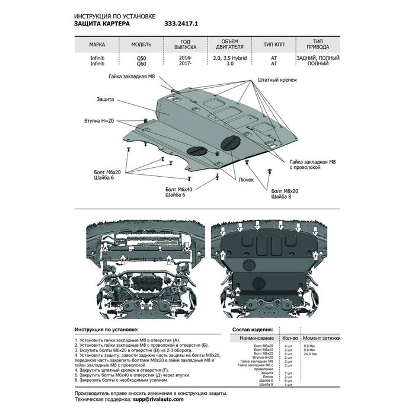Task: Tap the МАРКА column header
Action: click(x=98, y=44)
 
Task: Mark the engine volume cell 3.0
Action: click(x=225, y=64)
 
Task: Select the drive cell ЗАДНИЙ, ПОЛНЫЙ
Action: click(x=318, y=58)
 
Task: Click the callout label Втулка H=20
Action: click(x=99, y=121)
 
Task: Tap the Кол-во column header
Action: click(x=290, y=337)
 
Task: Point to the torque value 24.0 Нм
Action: click(x=319, y=354)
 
